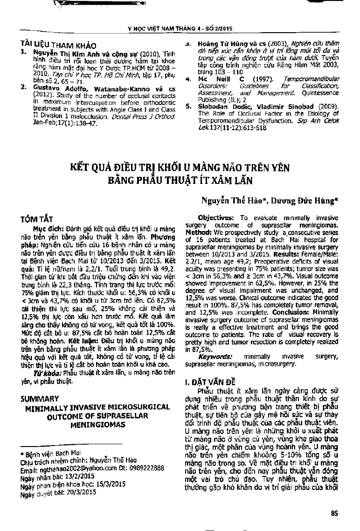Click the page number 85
334,514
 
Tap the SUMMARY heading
40,399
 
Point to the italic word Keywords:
213,357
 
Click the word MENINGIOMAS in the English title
96,426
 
